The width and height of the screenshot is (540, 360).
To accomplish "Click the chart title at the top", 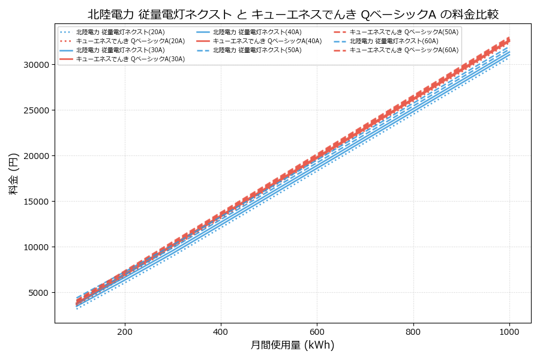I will [293, 14].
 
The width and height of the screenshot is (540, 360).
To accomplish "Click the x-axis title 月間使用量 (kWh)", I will [293, 345].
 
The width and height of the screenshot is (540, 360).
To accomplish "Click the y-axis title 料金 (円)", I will [13, 173].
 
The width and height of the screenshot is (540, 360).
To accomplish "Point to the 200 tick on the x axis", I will [125, 331].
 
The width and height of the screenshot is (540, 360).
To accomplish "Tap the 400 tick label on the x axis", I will [221, 331].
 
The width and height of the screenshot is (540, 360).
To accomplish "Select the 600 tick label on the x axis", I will [317, 331].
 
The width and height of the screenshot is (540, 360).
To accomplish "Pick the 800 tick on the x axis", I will [413, 331].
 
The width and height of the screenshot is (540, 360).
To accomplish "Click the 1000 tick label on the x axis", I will [509, 331].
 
